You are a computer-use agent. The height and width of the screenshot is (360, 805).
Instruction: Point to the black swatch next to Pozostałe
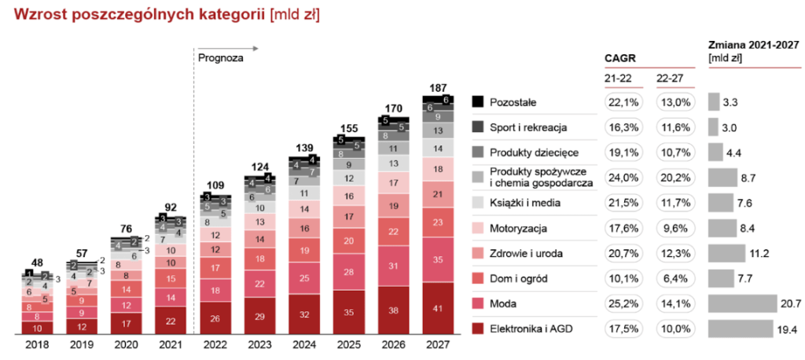478,101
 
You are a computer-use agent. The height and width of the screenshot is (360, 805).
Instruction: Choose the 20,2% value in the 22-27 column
671,177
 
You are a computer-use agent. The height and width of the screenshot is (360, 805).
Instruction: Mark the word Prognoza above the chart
221,57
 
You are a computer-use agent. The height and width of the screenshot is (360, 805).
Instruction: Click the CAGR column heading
619,58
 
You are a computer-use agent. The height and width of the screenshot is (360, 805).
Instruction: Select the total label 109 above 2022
215,186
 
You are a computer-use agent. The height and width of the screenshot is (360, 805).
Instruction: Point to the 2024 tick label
305,345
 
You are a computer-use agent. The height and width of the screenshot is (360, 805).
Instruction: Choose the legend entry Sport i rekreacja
524,127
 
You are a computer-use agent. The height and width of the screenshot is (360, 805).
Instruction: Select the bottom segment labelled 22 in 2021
171,321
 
